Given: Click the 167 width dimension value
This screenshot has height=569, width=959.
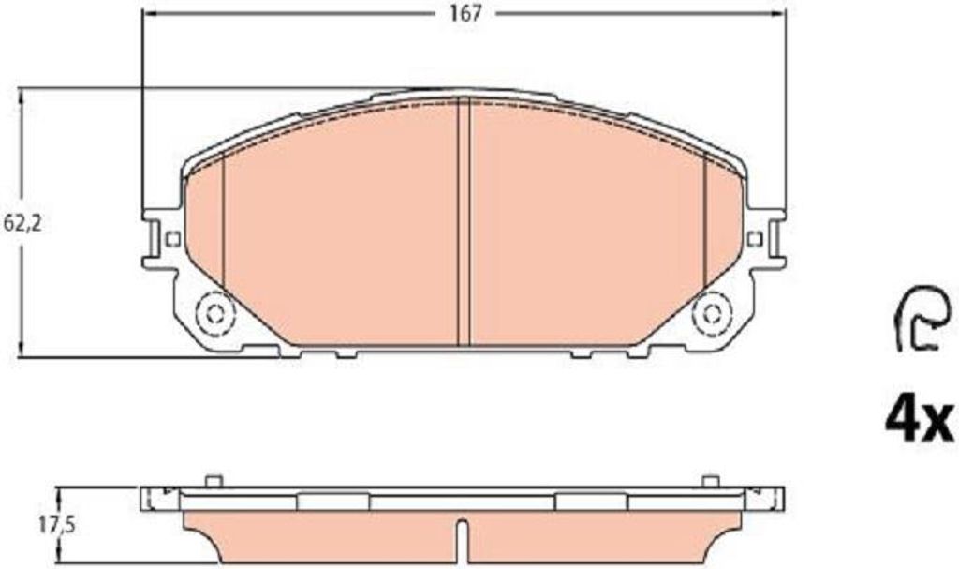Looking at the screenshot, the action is [x=466, y=14].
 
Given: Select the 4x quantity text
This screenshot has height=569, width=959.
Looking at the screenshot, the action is [x=920, y=422].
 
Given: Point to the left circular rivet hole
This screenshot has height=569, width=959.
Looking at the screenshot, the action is [x=214, y=315].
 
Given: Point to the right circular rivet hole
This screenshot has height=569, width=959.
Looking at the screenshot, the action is [x=712, y=315].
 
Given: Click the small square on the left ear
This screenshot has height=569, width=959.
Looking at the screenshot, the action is [x=172, y=238].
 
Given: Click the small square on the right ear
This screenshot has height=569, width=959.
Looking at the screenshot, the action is [x=755, y=238].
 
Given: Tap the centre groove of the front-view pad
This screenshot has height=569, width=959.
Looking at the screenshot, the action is [x=463, y=221].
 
